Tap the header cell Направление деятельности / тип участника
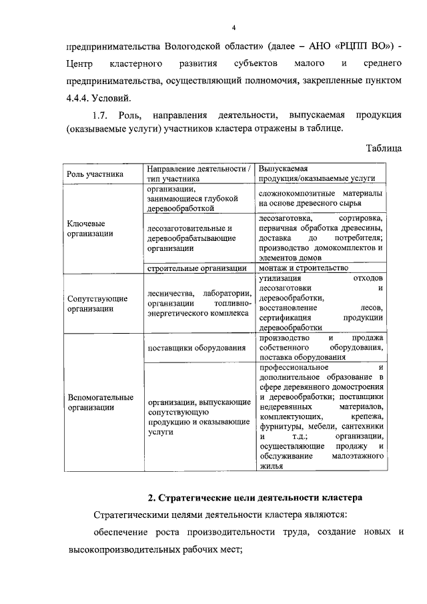point(199,174)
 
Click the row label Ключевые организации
point(87,228)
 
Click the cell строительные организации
point(197,268)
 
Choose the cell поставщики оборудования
point(197,348)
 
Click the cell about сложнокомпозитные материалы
point(320,198)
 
